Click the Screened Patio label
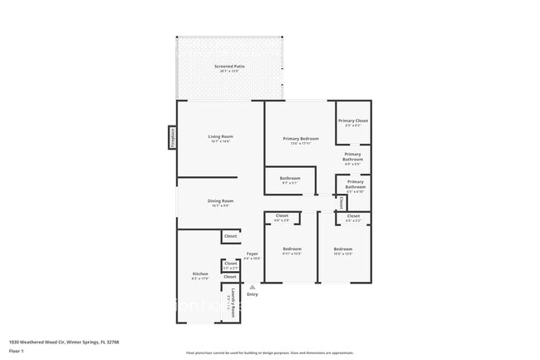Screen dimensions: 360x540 tap(229, 67)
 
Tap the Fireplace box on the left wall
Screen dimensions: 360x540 tap(173, 136)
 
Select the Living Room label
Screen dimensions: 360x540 tap(220, 137)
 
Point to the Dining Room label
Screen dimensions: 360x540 tap(220, 201)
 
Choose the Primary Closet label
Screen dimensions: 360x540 tap(353, 121)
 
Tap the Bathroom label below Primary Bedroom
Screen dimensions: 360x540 tap(290, 179)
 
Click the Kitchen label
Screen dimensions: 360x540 tap(200, 275)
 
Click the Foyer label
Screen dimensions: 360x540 tap(252, 254)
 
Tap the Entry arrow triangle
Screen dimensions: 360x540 tap(252, 287)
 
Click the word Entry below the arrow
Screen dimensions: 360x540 tap(252, 294)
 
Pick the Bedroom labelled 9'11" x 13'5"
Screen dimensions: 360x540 tap(292, 250)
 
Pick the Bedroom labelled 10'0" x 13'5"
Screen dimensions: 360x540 tap(343, 250)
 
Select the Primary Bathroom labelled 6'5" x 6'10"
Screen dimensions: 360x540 tap(356, 186)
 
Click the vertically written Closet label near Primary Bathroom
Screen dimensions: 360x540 tap(341, 202)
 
